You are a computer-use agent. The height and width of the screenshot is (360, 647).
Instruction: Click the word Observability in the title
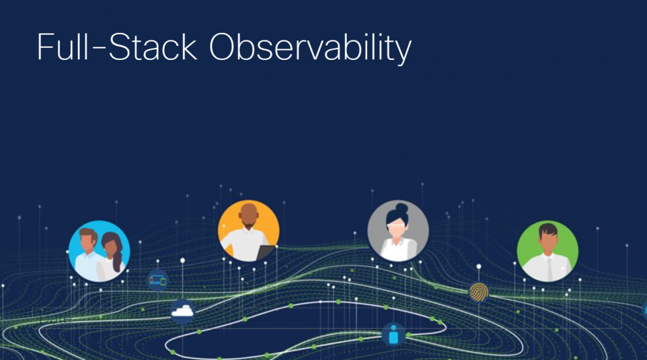point(310,47)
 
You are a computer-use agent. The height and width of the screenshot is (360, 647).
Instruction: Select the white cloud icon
point(182,310)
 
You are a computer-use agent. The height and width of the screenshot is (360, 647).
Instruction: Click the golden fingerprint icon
point(478,292)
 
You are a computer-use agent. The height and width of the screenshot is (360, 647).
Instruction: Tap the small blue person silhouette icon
point(393,334)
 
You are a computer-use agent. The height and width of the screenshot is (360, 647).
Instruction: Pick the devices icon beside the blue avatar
point(158,280)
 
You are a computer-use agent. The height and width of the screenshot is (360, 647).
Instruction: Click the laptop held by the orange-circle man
point(265,252)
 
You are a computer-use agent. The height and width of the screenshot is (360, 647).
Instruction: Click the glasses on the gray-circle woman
point(396,225)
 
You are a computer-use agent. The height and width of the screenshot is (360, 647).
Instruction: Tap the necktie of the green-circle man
point(549,268)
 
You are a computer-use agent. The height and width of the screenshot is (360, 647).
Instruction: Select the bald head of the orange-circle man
point(249,208)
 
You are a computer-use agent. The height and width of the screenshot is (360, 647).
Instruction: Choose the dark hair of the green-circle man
point(547,229)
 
